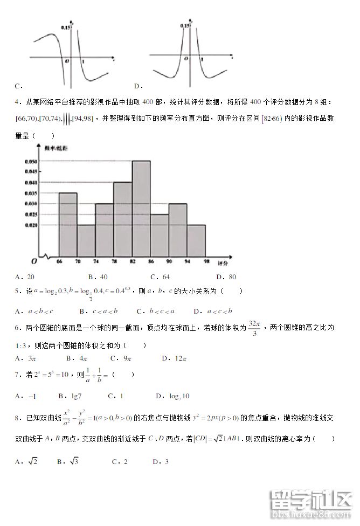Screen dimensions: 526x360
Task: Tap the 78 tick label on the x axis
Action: [114, 261]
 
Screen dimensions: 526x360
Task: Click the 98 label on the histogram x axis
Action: [205, 261]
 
